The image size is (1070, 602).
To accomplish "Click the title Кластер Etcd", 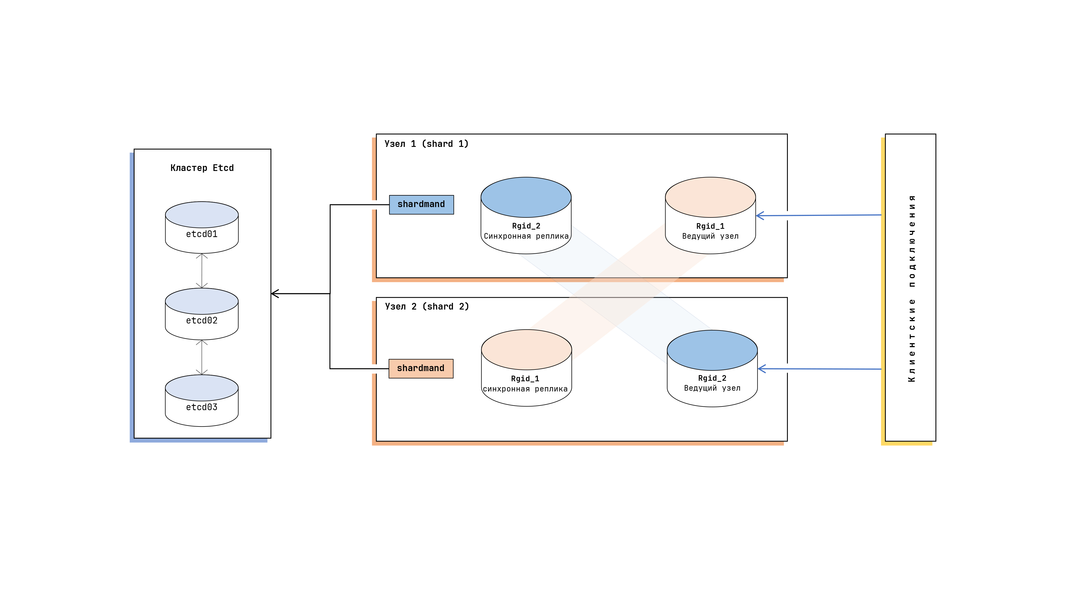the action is (202, 168).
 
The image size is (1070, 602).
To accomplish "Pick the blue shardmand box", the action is (421, 204).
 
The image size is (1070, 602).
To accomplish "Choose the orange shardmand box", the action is (421, 368).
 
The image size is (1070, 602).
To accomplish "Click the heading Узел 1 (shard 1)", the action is (426, 144).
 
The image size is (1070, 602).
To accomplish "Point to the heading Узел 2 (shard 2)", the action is (427, 307).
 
